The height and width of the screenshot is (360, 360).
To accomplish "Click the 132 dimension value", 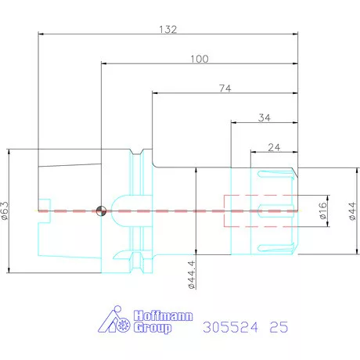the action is [168, 29].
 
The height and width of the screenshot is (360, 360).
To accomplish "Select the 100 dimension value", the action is [200, 59].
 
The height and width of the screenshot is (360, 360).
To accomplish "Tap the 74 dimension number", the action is [225, 88].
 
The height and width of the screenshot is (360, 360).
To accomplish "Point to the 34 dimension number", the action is [265, 118].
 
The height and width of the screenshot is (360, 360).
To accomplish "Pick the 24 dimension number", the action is [274, 148].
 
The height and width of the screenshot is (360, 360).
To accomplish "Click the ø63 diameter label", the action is [5, 211].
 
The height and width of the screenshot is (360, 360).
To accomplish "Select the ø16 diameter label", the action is [322, 211].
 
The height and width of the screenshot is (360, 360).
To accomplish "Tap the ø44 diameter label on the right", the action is [352, 211].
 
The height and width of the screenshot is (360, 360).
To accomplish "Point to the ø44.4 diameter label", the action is [192, 275].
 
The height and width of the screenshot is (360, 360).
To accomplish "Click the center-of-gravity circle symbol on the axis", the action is [101, 211].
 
